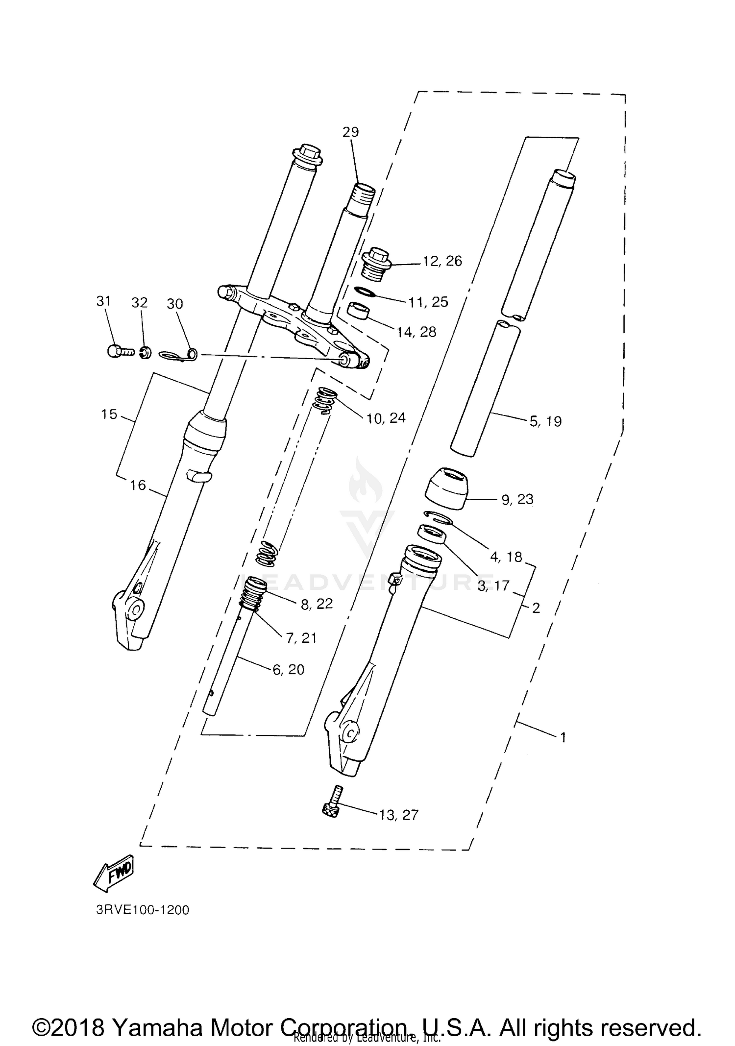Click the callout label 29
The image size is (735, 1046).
350,132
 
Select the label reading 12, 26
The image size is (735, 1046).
442,261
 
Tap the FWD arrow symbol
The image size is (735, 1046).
114,875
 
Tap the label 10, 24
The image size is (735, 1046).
386,418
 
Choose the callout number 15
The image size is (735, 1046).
109,414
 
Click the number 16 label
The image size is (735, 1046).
138,485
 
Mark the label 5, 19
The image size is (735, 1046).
545,421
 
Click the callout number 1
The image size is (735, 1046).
563,737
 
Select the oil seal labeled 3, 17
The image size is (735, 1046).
432,534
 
